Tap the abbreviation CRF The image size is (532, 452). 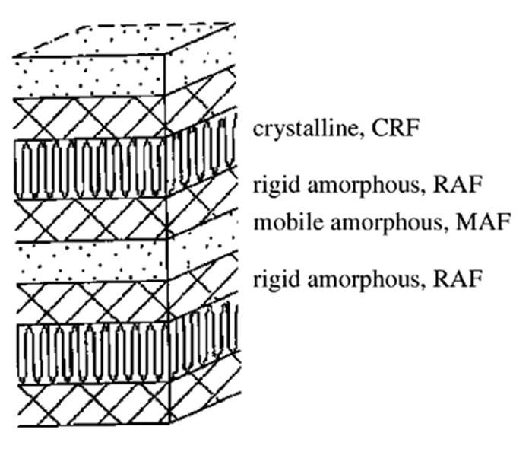click(395, 128)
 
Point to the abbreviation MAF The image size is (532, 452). click(483, 222)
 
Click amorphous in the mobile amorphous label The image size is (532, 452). click(387, 223)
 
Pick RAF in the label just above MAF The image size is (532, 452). click(458, 185)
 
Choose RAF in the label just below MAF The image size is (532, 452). click(458, 279)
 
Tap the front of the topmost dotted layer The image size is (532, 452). click(89, 76)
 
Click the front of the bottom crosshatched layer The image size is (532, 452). click(93, 403)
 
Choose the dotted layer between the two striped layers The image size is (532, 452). click(92, 261)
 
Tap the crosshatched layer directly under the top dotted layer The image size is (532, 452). click(89, 117)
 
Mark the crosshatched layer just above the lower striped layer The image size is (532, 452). click(92, 302)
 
